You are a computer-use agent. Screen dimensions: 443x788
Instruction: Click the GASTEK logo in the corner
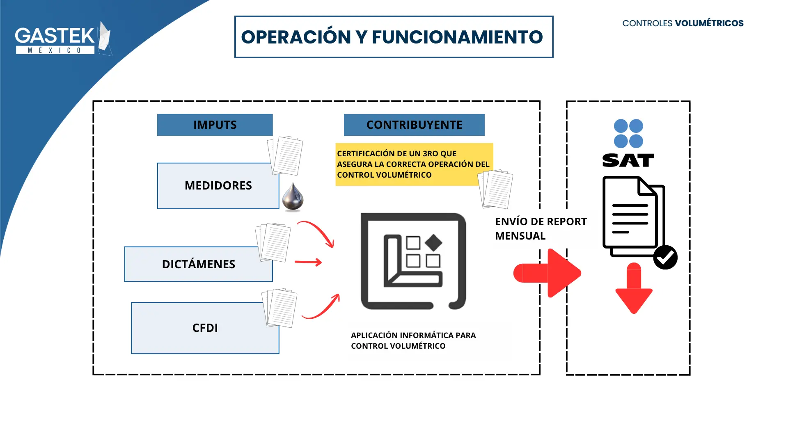62,39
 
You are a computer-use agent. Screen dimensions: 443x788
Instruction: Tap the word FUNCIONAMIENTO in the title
457,37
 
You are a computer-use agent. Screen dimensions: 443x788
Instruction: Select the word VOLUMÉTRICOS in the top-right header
709,23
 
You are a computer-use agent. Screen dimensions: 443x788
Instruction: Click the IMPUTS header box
215,125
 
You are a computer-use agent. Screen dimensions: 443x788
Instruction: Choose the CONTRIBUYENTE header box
414,125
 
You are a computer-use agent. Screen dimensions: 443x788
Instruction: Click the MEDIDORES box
218,186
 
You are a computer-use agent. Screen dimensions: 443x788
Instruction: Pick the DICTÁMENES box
198,264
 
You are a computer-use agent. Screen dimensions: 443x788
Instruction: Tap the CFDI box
205,328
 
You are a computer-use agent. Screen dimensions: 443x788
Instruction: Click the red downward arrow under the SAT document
634,289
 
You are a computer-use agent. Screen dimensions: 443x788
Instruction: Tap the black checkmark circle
665,258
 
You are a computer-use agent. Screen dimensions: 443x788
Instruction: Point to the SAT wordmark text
628,160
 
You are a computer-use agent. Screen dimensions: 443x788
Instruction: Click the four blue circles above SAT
628,133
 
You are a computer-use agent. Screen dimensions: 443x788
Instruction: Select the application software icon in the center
413,261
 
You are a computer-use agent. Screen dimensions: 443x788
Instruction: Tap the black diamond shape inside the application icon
433,242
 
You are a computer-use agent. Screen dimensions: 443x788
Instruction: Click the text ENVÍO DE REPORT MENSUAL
541,228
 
